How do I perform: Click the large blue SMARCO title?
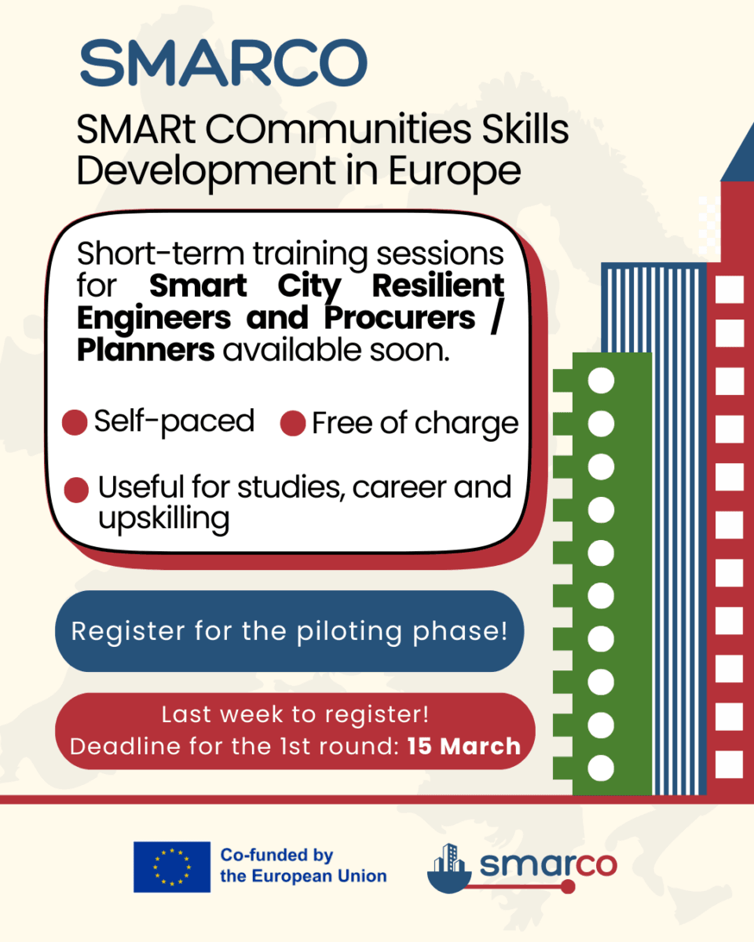[223, 63]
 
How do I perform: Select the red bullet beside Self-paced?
[75, 422]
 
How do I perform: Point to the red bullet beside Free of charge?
[293, 423]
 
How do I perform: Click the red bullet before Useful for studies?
[76, 490]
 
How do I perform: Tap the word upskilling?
[163, 519]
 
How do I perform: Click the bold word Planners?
[146, 350]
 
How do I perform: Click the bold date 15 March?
[464, 747]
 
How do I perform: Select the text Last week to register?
[295, 715]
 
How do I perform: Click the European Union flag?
[172, 867]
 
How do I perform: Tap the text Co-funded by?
[277, 855]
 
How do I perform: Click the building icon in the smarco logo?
[449, 869]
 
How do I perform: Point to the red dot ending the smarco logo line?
[568, 887]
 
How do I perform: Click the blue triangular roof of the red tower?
[738, 153]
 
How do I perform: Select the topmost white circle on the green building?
[601, 381]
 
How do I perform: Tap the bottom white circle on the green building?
[601, 769]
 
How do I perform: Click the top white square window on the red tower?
[730, 289]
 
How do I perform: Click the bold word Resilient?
[438, 286]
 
